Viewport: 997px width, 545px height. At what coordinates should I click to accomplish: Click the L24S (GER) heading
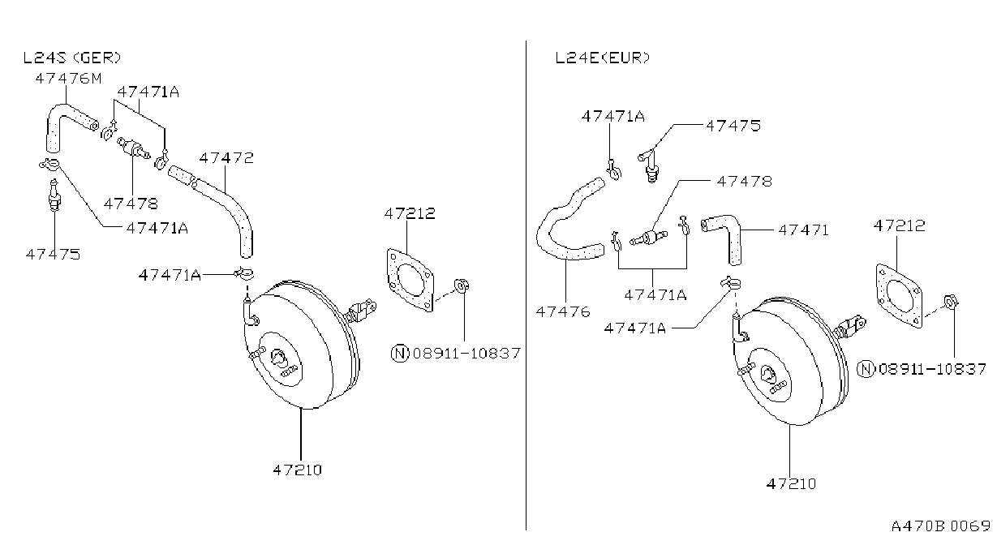71,58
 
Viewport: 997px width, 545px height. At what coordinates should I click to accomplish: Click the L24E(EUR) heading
602,58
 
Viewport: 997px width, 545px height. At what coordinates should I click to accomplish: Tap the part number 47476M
68,79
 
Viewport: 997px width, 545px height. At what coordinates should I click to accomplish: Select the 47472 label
226,158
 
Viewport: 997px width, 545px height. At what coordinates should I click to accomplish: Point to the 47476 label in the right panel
563,311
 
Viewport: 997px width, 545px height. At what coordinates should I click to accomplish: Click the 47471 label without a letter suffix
803,230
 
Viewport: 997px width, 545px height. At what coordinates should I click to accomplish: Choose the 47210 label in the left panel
298,470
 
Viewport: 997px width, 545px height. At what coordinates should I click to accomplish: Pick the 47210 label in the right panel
792,483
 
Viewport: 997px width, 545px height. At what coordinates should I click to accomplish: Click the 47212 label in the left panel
410,213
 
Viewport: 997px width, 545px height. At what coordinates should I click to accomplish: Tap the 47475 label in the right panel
733,126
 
